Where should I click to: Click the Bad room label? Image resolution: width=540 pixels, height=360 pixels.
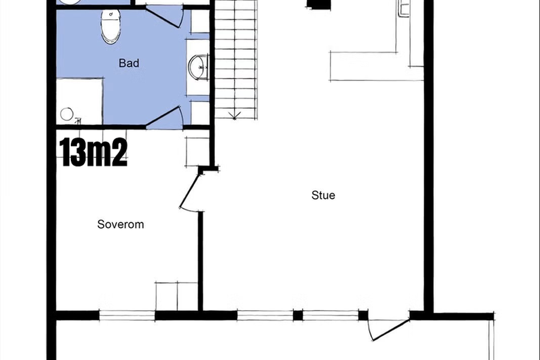pos(129,63)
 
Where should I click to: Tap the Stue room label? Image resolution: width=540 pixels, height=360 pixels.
pos(323,196)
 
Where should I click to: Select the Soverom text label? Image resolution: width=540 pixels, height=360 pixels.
pos(121,224)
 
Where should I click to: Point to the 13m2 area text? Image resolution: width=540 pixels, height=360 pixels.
pos(94,152)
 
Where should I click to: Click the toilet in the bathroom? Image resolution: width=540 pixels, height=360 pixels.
pos(110,26)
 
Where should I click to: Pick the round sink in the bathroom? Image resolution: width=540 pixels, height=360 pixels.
pos(198,67)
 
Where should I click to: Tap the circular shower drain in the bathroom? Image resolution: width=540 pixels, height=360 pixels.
pos(67,114)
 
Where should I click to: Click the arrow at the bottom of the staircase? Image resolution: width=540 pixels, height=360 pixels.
pos(235,115)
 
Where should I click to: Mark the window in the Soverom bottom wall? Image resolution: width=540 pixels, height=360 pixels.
pos(127,316)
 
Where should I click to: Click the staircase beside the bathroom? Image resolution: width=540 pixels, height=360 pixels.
pos(236,59)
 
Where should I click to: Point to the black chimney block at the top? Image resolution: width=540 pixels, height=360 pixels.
pos(319,5)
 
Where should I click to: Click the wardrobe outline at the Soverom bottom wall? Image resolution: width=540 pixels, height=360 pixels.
pos(176,296)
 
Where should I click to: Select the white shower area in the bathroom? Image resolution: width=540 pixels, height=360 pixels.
pos(80,101)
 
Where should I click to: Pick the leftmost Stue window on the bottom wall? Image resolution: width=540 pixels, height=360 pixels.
pos(265,316)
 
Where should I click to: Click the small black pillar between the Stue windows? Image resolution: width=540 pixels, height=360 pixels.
pos(298,316)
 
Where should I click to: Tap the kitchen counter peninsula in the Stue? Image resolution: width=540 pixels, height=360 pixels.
pos(376,66)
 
